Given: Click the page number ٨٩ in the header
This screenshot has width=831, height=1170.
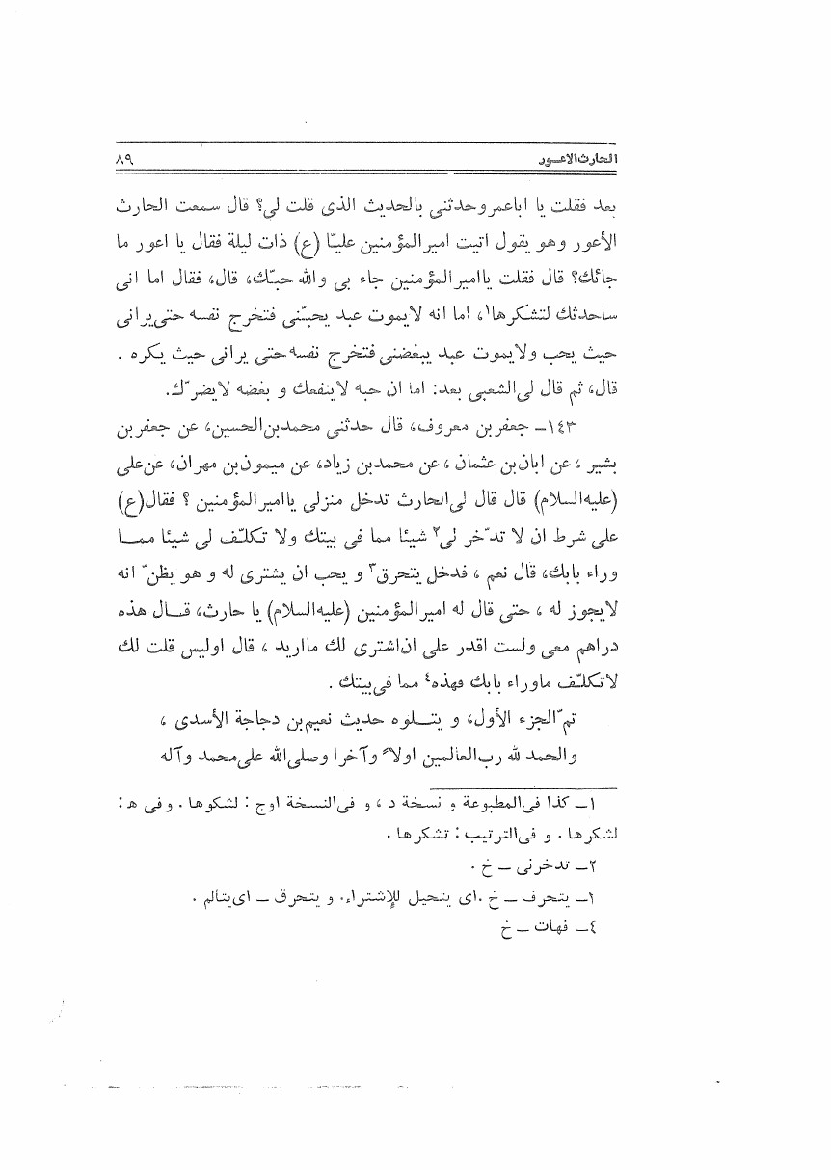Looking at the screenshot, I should pyautogui.click(x=122, y=159).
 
